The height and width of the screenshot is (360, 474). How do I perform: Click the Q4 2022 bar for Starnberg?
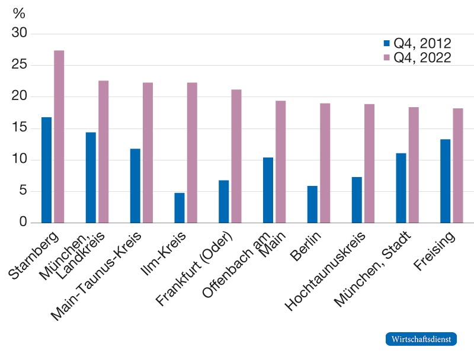point(59,136)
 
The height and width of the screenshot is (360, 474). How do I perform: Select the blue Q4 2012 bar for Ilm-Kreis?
point(180,207)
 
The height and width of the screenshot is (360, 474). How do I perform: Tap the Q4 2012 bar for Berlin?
point(312,204)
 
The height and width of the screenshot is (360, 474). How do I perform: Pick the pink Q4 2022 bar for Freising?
point(458,165)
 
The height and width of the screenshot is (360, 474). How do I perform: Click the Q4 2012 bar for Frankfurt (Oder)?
point(224,201)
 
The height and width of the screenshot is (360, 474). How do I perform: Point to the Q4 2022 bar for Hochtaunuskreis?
point(370,163)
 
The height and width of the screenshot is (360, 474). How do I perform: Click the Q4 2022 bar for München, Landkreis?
point(104,152)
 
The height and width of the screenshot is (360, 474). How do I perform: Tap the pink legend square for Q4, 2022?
point(387,58)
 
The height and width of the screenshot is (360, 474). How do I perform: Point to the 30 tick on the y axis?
point(20,34)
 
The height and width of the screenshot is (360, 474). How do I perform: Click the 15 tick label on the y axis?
point(20,128)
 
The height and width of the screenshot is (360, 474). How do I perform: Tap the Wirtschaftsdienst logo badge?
point(421,339)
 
